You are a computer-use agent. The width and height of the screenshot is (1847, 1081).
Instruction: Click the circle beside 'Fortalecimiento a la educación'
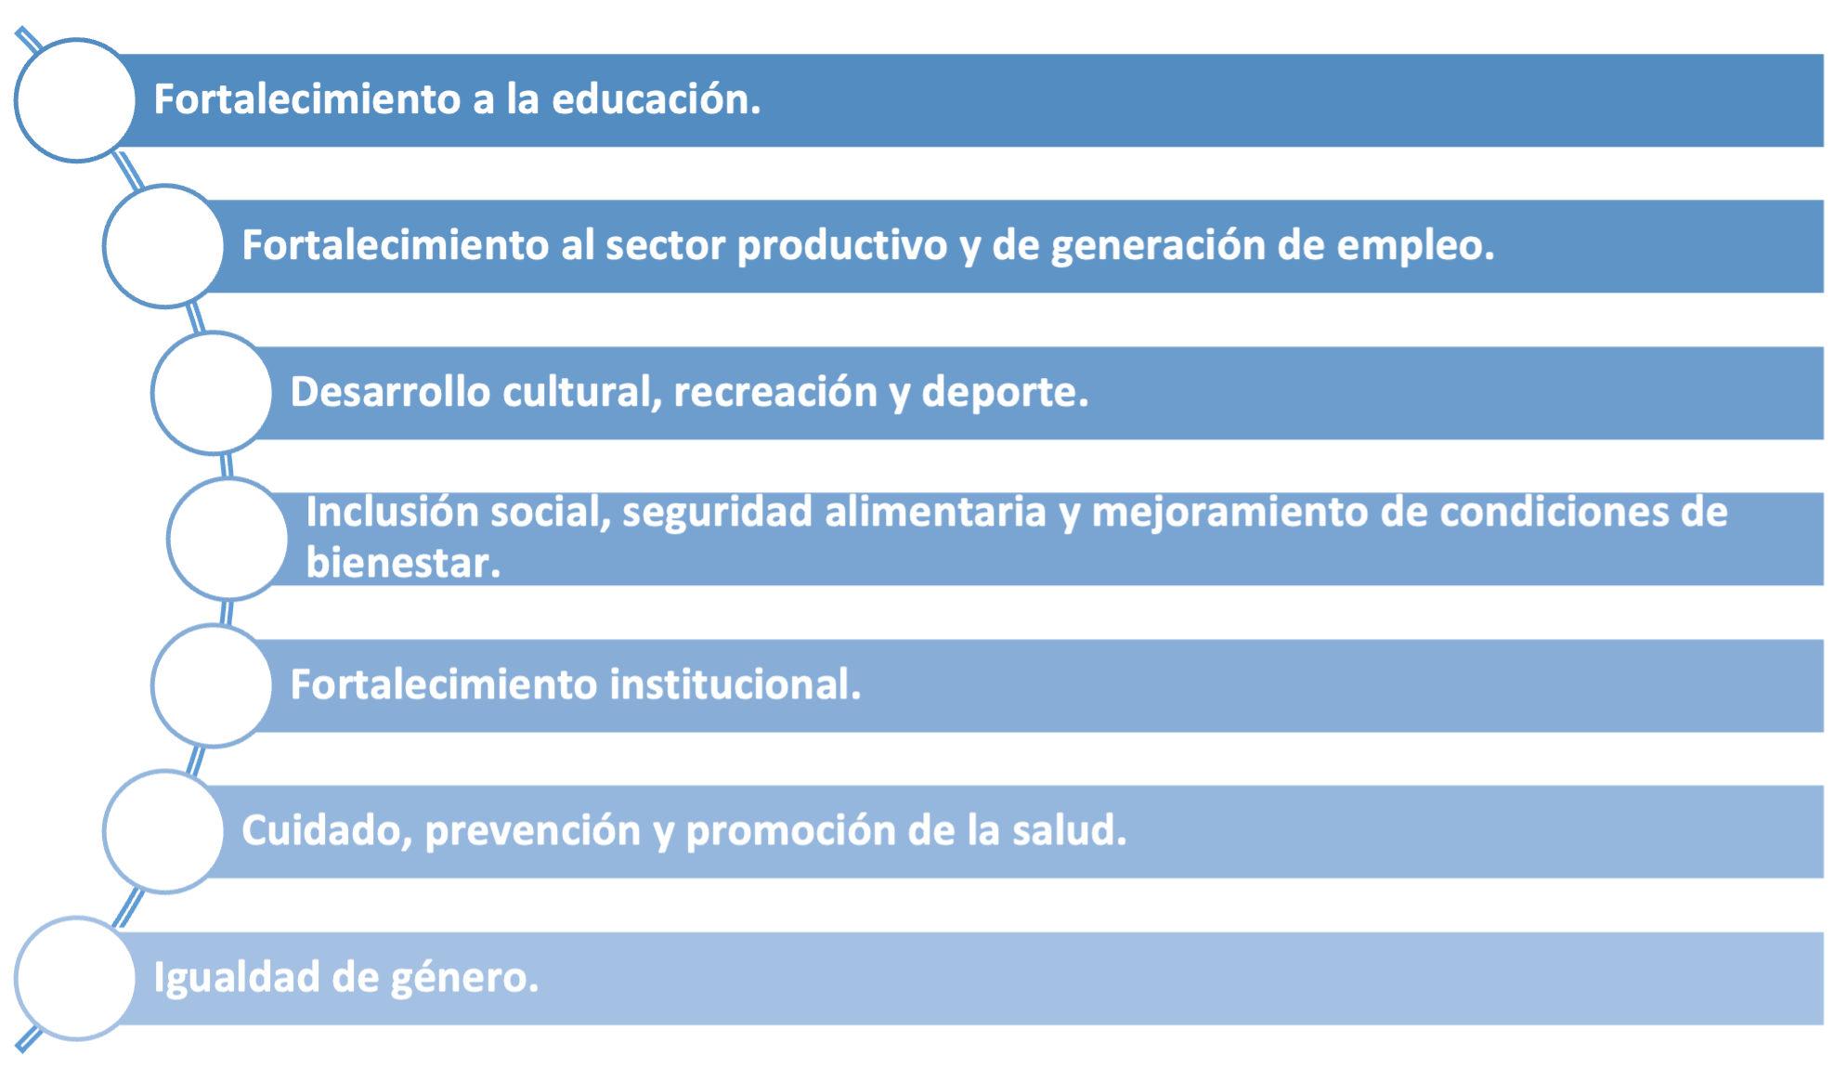[x=75, y=100]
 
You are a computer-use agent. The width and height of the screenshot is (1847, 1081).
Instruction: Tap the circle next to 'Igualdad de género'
[x=75, y=979]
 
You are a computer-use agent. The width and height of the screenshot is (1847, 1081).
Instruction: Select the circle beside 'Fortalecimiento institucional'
[x=212, y=685]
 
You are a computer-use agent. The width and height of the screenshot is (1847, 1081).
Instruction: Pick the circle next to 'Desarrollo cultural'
[x=212, y=393]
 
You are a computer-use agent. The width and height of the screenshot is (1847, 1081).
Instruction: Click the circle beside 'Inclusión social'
[x=228, y=539]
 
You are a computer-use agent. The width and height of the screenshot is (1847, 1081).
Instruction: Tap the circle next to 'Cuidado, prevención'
[x=163, y=832]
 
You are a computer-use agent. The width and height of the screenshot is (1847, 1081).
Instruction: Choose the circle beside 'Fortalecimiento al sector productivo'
[x=163, y=246]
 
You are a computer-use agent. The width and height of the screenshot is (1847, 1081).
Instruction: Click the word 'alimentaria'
[x=935, y=513]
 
